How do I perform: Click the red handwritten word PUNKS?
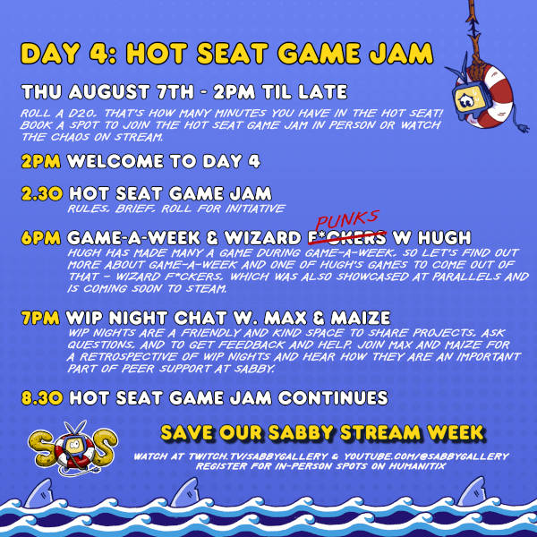[x=346, y=220]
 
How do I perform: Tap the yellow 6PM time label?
[x=41, y=237]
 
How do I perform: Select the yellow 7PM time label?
[x=40, y=318]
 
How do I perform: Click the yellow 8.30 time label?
[x=42, y=398]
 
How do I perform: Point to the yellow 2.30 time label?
[x=42, y=194]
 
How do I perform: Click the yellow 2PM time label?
[x=41, y=161]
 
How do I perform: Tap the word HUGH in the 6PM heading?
[x=444, y=237]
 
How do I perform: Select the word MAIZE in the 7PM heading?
[x=361, y=318]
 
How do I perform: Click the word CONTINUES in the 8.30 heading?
[x=333, y=398]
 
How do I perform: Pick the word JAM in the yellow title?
[x=401, y=53]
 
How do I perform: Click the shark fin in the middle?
[x=185, y=492]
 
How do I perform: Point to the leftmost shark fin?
[x=39, y=492]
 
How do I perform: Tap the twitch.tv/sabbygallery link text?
[x=258, y=456]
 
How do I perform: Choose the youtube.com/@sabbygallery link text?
[x=426, y=456]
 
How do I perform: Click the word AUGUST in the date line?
[x=109, y=92]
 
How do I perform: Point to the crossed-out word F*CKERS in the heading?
[x=347, y=238]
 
